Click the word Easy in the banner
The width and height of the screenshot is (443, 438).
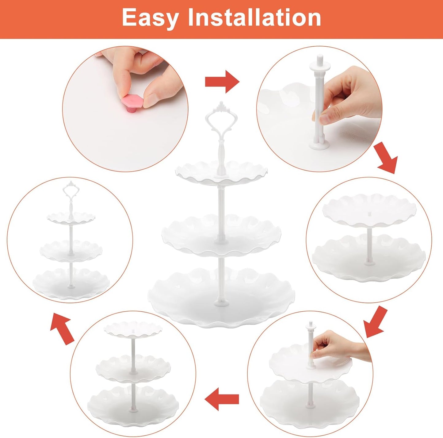pos(150,18)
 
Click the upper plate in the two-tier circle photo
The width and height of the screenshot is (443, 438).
pos(369,210)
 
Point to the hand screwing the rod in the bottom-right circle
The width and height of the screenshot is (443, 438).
pos(337,345)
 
